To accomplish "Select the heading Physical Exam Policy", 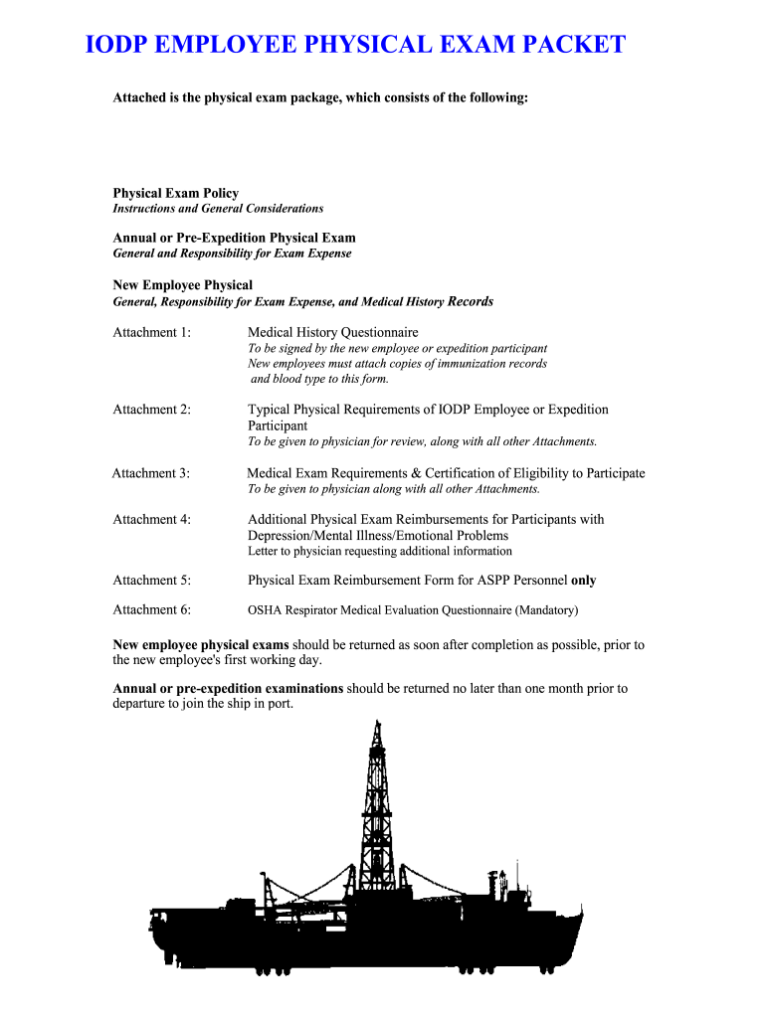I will (x=175, y=193).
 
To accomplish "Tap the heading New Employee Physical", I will (x=182, y=285).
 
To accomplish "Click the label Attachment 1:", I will (x=152, y=332).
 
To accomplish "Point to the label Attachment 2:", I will (x=152, y=410).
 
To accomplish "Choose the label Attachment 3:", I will (x=151, y=473).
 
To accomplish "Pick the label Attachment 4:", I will (x=152, y=519).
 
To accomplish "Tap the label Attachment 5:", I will (x=152, y=580).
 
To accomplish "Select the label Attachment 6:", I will (x=152, y=609).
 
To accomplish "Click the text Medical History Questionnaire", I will (x=332, y=332).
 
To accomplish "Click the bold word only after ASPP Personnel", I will (x=584, y=580).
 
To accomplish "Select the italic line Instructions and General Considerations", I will (x=218, y=209).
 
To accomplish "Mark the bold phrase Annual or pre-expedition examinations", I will (x=228, y=688).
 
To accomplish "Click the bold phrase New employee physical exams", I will (x=201, y=645).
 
